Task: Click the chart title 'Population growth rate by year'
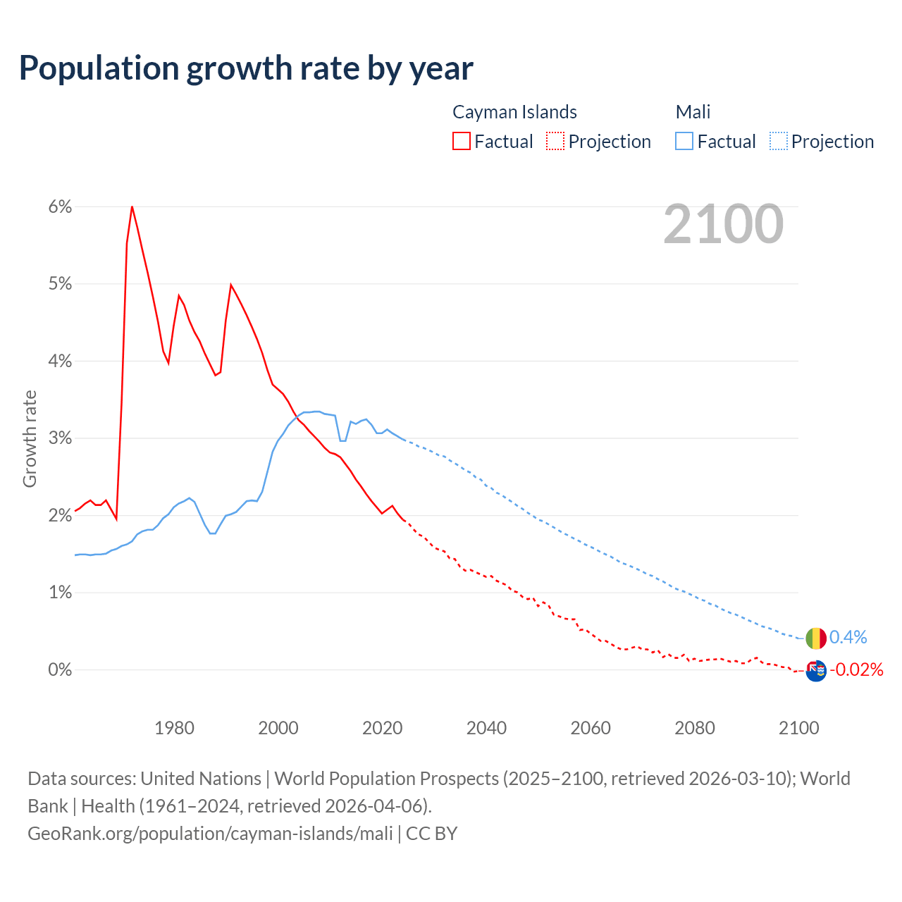[x=246, y=68]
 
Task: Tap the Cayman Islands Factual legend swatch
[x=462, y=141]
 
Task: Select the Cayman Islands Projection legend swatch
[x=555, y=141]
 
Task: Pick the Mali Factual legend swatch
[x=684, y=141]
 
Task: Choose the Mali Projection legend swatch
[x=779, y=141]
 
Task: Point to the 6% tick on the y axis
[x=61, y=206]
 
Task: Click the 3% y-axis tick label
[x=61, y=438]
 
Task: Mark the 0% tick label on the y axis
[x=61, y=669]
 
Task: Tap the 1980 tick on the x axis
[x=174, y=728]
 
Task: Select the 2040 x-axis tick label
[x=486, y=728]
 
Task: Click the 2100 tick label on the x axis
[x=798, y=728]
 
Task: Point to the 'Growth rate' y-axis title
[x=30, y=438]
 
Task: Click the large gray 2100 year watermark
[x=723, y=224]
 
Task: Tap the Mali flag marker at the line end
[x=816, y=638]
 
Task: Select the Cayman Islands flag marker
[x=816, y=670]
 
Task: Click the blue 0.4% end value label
[x=848, y=638]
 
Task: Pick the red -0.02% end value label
[x=856, y=669]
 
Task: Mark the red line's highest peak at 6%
[x=132, y=206]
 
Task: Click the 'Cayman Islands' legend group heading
[x=514, y=112]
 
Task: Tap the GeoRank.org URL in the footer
[x=210, y=834]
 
